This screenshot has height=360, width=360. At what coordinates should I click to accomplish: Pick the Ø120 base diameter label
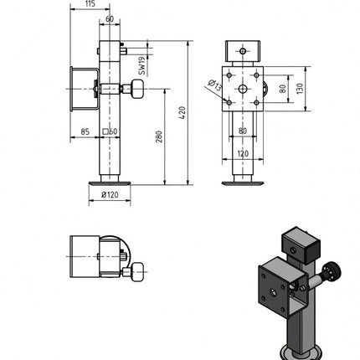coord(110,195)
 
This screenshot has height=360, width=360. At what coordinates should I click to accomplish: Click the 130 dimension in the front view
coord(300,86)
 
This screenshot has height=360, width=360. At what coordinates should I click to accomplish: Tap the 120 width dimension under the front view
coord(242,155)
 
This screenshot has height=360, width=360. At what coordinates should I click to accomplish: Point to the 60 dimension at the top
coord(110,18)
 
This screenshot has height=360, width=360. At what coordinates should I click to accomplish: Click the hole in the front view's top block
coord(243,50)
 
